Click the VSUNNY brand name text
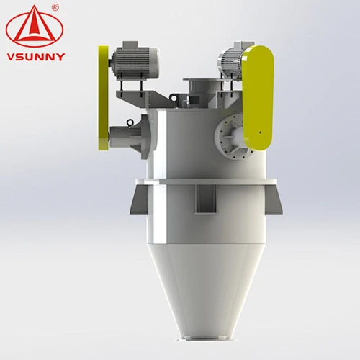[36, 57]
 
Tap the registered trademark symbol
[55, 7]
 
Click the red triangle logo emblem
[35, 27]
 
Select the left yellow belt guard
[103, 98]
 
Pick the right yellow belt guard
[258, 98]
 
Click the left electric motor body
[135, 63]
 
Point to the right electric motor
[230, 63]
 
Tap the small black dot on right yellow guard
[261, 132]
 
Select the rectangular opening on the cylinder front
[206, 199]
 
